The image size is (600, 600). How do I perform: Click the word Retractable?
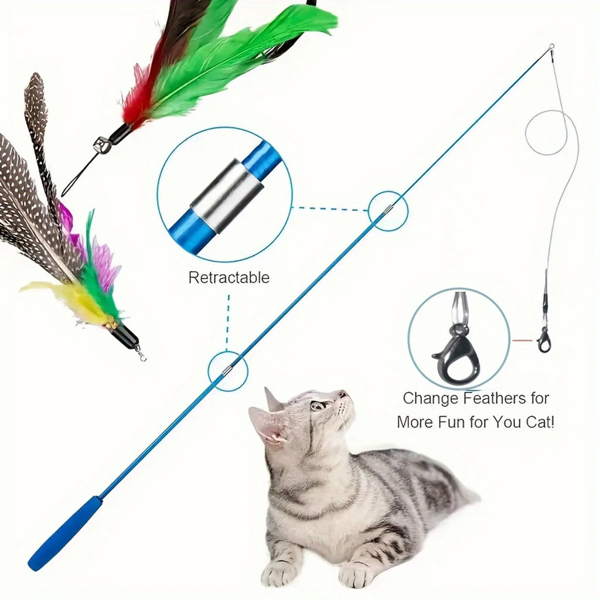(x=229, y=277)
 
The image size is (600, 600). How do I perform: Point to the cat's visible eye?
(x=318, y=405)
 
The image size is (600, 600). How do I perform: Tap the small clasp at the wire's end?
(x=545, y=339)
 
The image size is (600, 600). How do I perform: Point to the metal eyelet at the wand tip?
(x=551, y=49)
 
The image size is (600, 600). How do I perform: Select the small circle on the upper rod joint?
(x=388, y=210)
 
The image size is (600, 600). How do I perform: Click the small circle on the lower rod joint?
(x=228, y=371)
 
